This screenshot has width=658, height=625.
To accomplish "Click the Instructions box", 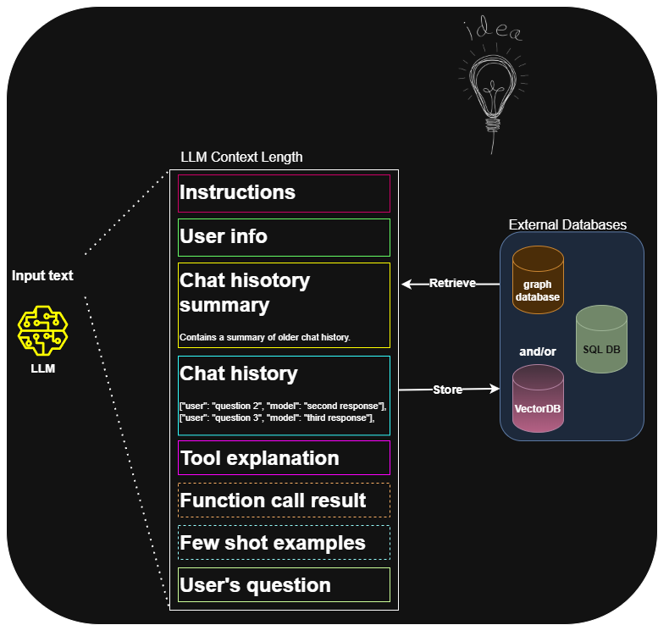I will tap(284, 193).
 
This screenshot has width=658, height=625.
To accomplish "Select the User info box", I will tap(284, 237).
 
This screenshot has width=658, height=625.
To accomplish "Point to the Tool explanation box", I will tap(284, 458).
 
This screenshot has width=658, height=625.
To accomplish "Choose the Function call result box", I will tap(284, 501).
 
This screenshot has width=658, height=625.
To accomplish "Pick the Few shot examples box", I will tap(284, 543).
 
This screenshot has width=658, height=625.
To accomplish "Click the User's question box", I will tap(284, 585).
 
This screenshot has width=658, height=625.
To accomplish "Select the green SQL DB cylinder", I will tap(601, 340).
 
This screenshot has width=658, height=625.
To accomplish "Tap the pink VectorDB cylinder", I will tap(538, 399).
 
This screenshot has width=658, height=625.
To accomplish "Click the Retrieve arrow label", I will tap(452, 283).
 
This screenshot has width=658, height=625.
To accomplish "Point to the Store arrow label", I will tap(447, 390).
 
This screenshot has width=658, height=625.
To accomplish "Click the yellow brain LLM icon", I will tap(42, 330).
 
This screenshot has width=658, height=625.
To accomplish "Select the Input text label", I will tap(42, 276).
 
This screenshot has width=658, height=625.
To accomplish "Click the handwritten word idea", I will tap(494, 31).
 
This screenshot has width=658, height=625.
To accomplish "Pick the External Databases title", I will tap(567, 224).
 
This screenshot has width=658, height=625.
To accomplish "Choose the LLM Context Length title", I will tap(241, 157).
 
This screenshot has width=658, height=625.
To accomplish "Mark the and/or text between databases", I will tap(538, 351).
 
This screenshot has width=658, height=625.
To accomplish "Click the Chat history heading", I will tap(239, 373).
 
